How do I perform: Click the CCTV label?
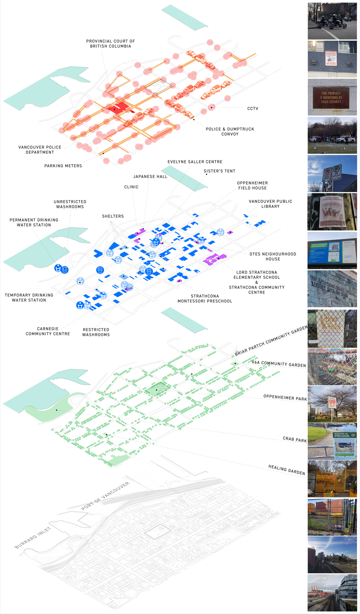[x=253, y=109]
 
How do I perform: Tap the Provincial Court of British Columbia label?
[x=111, y=44]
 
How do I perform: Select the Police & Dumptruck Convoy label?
[x=230, y=132]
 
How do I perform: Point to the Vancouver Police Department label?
[x=40, y=150]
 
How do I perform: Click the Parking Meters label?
[x=63, y=166]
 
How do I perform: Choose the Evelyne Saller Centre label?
[x=195, y=162]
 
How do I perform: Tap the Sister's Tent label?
[x=219, y=171]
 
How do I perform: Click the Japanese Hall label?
[x=150, y=177]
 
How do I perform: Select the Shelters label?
[x=113, y=216]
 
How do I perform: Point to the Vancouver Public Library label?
[x=270, y=204]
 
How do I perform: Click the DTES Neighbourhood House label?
[x=273, y=257]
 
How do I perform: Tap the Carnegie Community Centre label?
[x=48, y=331]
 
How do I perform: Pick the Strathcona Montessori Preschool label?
[x=205, y=299]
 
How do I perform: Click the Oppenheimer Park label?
[x=285, y=397]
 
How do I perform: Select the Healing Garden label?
[x=287, y=470]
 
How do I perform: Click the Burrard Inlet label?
[x=33, y=537]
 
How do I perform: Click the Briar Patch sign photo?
[x=332, y=328]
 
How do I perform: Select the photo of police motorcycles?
[x=332, y=21]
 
